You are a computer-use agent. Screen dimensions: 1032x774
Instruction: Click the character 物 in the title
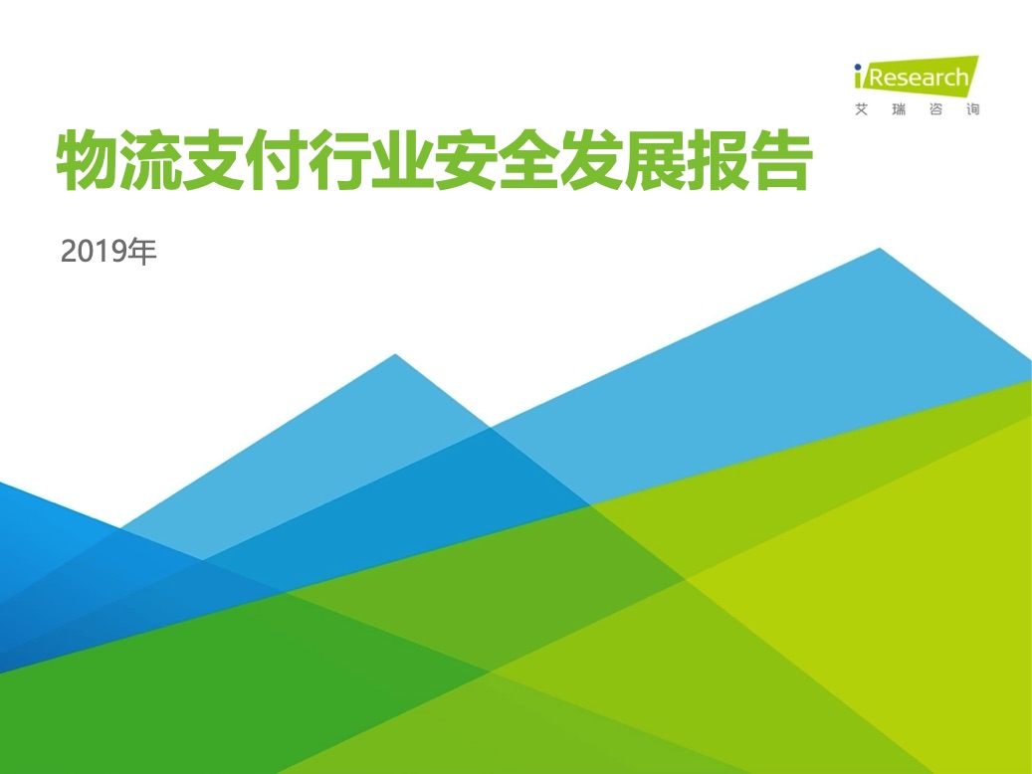[88, 160]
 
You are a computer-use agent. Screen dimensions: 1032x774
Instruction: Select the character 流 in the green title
[150, 160]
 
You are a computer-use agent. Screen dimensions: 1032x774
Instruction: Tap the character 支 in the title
[214, 160]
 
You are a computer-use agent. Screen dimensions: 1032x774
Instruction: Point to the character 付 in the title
[277, 160]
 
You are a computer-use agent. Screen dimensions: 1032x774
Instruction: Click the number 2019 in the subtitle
[94, 252]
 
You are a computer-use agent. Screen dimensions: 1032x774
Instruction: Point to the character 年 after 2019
[142, 252]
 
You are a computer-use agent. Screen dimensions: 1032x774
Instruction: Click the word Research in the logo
[919, 78]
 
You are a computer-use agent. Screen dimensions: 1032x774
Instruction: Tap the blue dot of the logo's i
[858, 67]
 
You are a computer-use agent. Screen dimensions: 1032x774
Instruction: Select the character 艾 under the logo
[862, 109]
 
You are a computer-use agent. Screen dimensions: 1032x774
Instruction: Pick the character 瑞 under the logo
[899, 109]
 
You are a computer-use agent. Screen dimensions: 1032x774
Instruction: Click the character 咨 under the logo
[935, 109]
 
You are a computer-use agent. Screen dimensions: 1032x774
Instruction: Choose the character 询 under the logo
[973, 109]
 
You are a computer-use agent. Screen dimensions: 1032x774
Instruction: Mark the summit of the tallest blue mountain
[880, 249]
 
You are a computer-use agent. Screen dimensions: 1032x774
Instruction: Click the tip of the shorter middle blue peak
[395, 355]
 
